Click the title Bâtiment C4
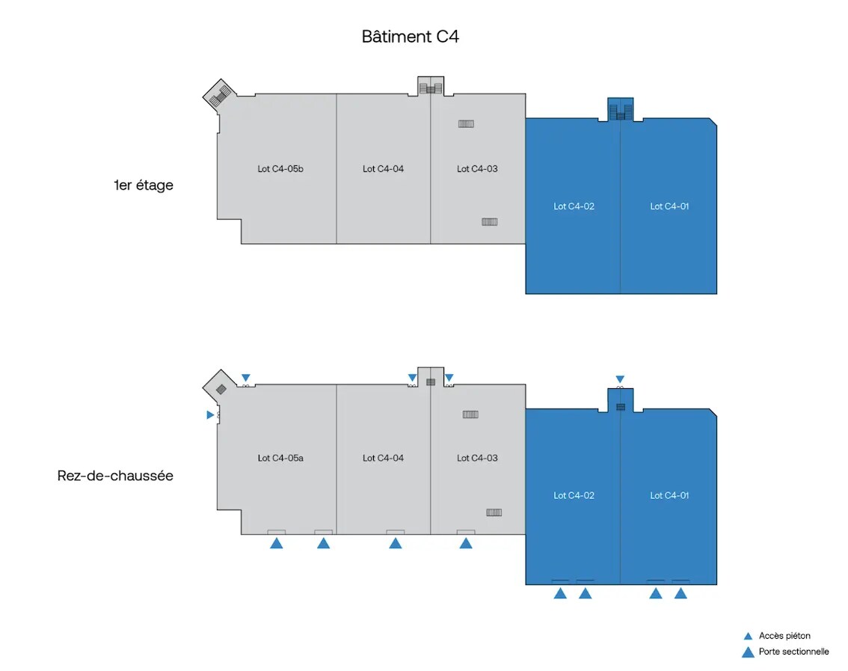click(x=410, y=37)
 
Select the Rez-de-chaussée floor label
click(x=115, y=475)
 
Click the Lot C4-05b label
click(x=280, y=169)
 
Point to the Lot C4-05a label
click(x=280, y=458)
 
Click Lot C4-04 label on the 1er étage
click(x=383, y=169)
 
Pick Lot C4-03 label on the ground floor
click(x=477, y=458)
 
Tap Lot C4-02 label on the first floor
click(x=574, y=206)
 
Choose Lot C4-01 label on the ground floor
click(x=669, y=495)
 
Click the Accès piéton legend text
click(x=784, y=636)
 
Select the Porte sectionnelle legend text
click(x=793, y=652)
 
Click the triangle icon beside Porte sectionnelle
click(x=747, y=652)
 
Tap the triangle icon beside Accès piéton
click(x=747, y=636)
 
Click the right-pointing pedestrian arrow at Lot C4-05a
click(x=210, y=414)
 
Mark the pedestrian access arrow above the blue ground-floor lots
click(x=620, y=379)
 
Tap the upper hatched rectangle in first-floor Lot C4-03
click(x=466, y=124)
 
